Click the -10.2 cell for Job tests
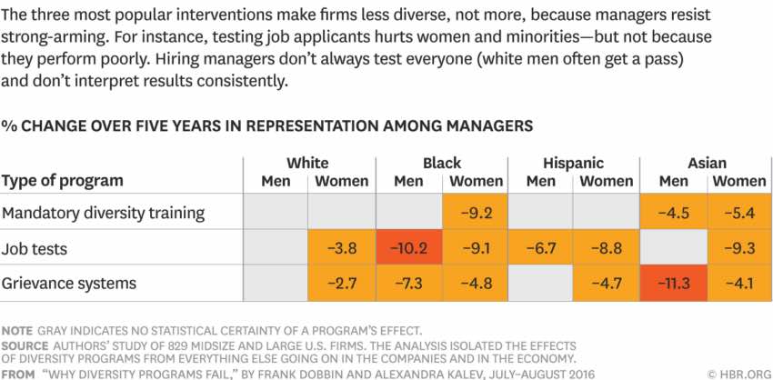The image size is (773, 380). (408, 247)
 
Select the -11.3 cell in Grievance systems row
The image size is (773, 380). (673, 283)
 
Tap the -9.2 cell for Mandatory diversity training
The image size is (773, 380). (476, 213)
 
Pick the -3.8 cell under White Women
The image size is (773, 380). (341, 247)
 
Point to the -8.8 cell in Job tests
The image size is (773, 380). (607, 247)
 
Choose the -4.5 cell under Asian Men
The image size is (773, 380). (673, 213)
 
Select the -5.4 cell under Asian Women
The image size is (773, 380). (738, 213)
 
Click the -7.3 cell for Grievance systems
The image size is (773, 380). (408, 283)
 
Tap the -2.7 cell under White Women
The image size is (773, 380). (341, 283)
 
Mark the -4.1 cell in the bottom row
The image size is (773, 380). (738, 283)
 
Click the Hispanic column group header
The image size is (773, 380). (573, 164)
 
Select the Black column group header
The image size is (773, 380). (442, 164)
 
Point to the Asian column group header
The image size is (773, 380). (707, 164)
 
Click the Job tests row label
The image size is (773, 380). (37, 247)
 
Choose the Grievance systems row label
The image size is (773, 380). (69, 283)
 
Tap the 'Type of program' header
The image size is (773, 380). (62, 180)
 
